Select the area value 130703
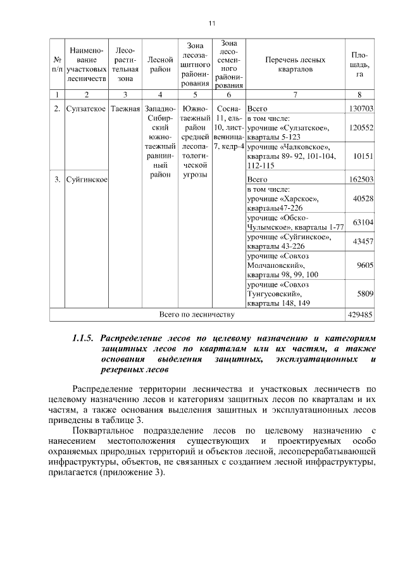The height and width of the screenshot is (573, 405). pos(361,108)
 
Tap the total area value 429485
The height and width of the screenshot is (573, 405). pos(361,314)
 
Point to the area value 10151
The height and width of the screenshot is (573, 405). pos(364,156)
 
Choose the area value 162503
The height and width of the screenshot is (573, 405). pos(361,179)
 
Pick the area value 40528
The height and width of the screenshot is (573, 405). pos(364,199)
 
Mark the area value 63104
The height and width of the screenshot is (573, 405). pos(364,222)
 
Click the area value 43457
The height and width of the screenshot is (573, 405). pos(364,241)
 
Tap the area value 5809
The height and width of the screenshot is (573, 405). pos(366,294)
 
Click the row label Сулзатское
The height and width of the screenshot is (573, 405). pos(86,108)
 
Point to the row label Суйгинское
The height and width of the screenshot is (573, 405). pos(86,179)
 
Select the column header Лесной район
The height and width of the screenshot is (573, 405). pos(160,65)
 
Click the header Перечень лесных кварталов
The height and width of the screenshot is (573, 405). pos(295,65)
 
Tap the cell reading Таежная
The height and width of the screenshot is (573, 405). pos(125,108)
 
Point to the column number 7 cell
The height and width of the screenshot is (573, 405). pos(295,95)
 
